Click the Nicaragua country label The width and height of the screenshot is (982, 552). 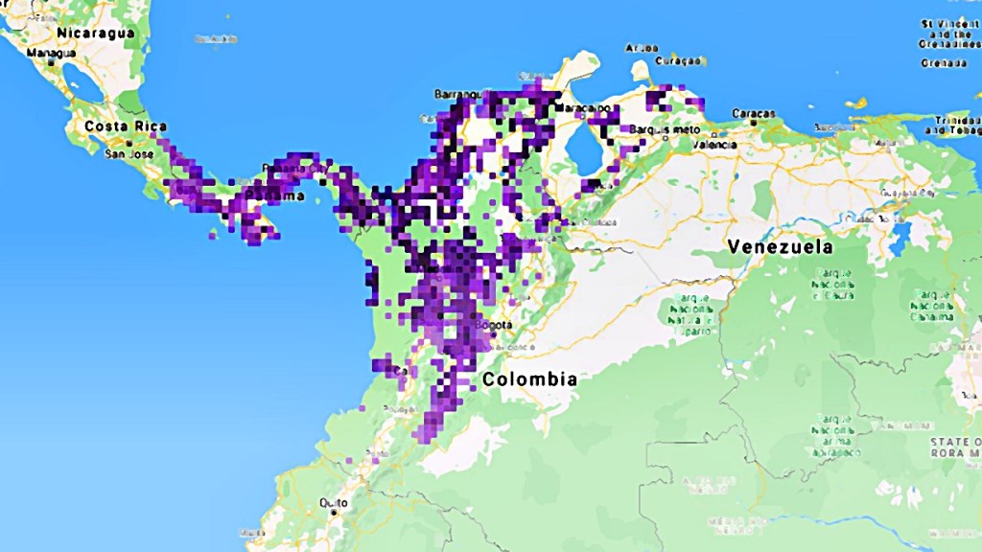tap(95, 33)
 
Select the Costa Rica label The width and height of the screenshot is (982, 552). tap(126, 126)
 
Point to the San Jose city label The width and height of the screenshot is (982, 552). tap(129, 153)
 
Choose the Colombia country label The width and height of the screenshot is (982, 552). tap(529, 379)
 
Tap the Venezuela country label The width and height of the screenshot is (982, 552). tap(780, 247)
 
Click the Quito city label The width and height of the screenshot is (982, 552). tap(334, 501)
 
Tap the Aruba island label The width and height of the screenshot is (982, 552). tap(642, 47)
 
